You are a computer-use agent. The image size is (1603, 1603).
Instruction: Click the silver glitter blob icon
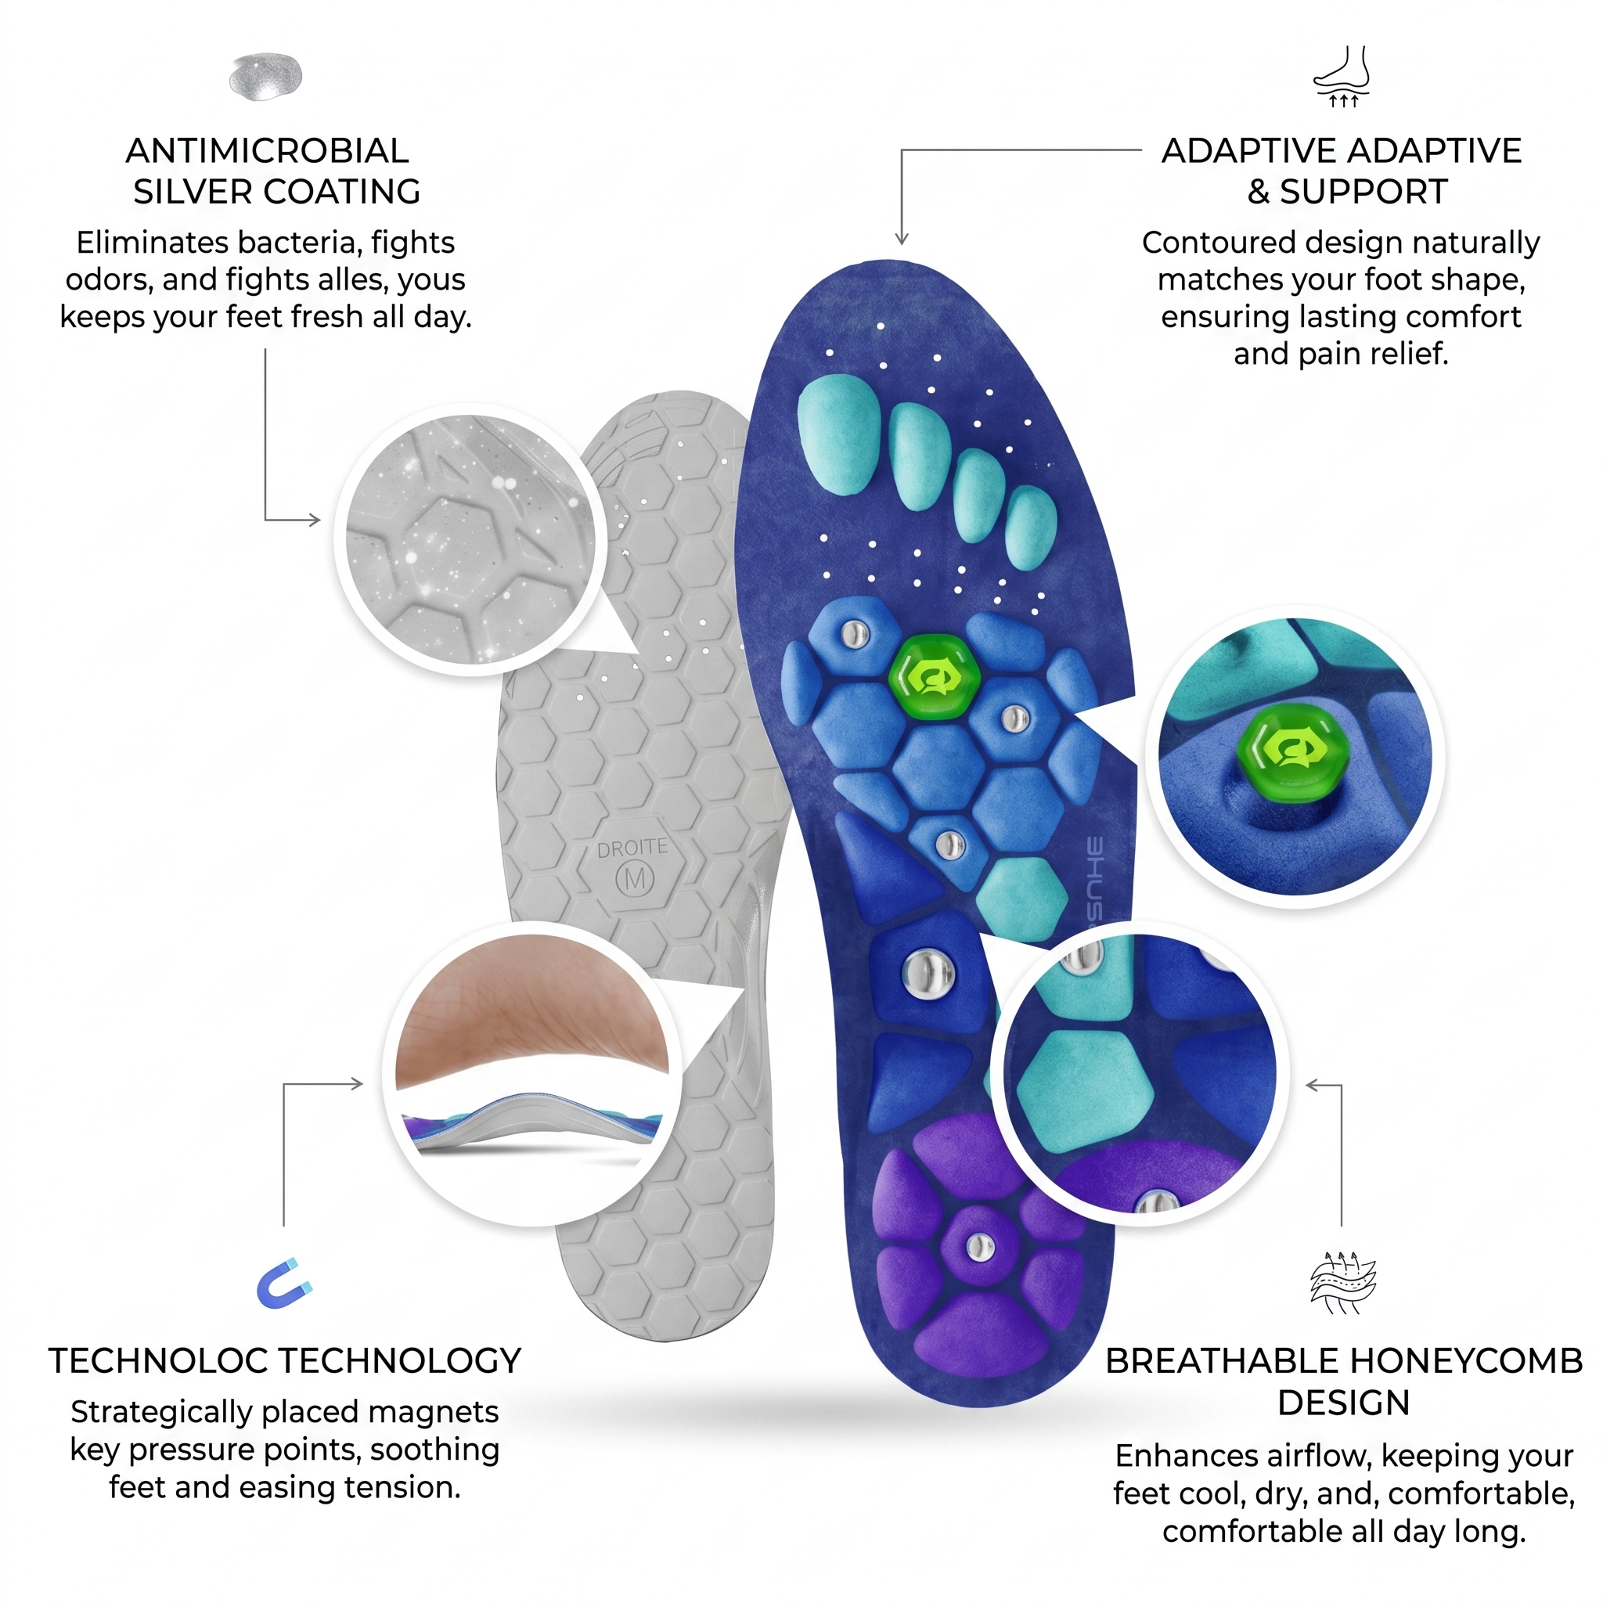pyautogui.click(x=265, y=77)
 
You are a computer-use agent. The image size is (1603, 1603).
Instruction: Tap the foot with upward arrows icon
pyautogui.click(x=1342, y=77)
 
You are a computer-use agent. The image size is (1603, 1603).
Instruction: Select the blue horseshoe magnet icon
pyautogui.click(x=285, y=1284)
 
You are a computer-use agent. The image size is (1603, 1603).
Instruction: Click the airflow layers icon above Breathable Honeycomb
pyautogui.click(x=1342, y=1282)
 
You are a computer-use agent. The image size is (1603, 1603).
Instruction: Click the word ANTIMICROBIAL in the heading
pyautogui.click(x=267, y=151)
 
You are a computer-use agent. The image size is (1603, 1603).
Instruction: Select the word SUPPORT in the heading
pyautogui.click(x=1363, y=192)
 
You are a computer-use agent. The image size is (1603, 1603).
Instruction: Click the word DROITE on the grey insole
pyautogui.click(x=632, y=848)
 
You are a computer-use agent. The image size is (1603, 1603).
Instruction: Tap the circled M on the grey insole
pyautogui.click(x=635, y=878)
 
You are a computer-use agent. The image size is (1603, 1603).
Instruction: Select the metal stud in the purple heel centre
pyautogui.click(x=980, y=1245)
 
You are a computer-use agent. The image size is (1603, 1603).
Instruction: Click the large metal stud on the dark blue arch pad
pyautogui.click(x=928, y=970)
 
